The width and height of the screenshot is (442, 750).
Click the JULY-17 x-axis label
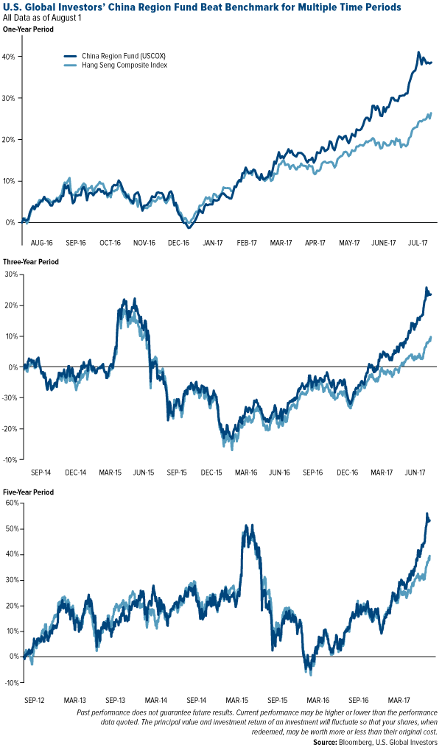point(419,241)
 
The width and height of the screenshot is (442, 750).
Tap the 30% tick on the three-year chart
point(11,274)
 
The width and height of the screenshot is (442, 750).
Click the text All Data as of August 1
point(44,18)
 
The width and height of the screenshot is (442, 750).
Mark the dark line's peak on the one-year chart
point(418,52)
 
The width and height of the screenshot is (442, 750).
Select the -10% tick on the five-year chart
point(11,682)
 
